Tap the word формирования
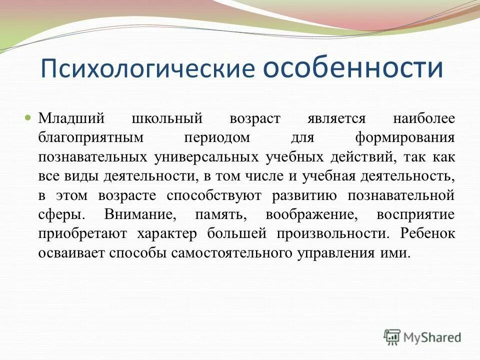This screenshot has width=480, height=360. click(404, 138)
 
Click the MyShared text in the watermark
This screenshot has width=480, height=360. click(433, 337)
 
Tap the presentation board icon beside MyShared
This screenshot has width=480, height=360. click(393, 337)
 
